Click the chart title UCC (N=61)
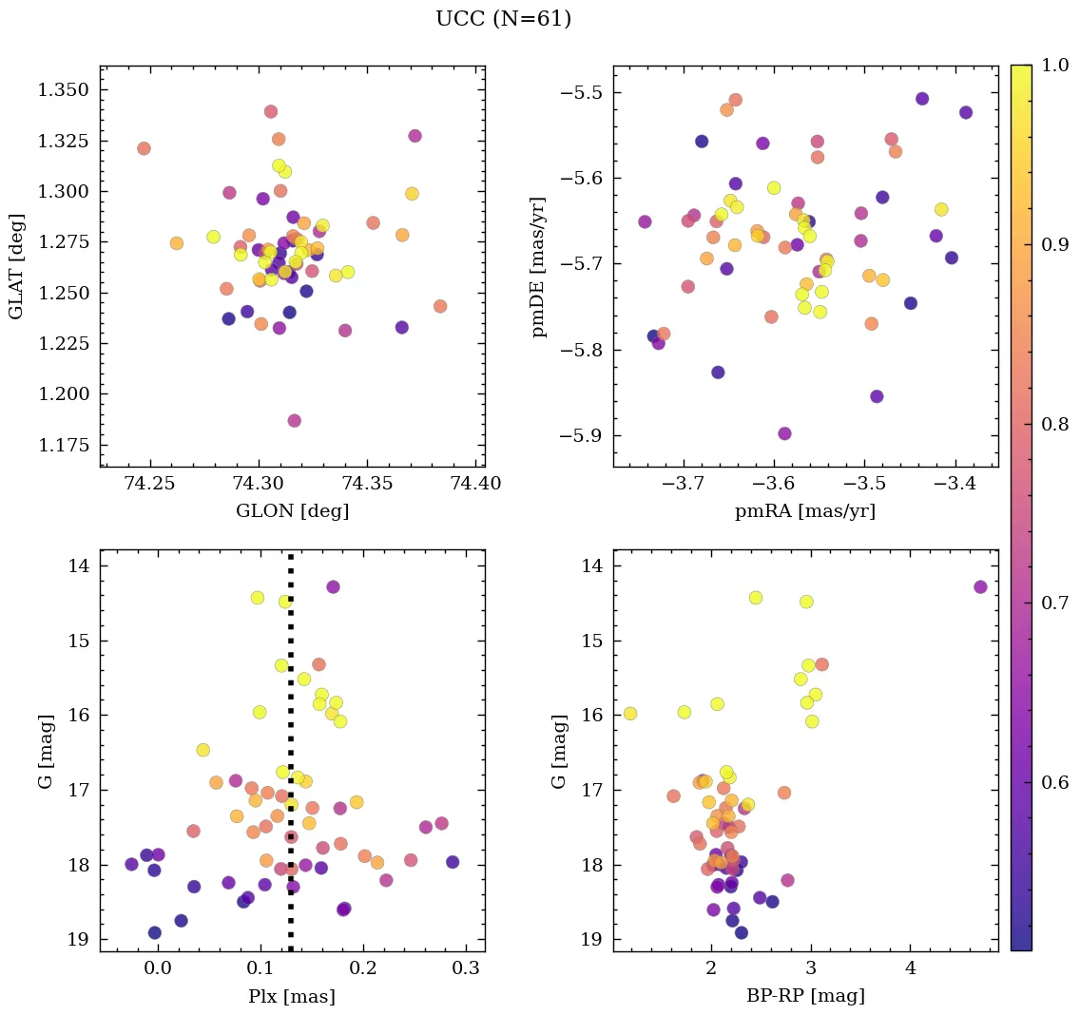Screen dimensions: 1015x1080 coord(503,19)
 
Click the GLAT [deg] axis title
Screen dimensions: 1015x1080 coord(16,266)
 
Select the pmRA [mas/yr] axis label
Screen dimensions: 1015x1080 coord(805,511)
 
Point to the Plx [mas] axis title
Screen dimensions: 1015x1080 coord(292,996)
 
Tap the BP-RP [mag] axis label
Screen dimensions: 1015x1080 coord(805,996)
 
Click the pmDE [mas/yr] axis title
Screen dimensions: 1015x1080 coord(540,266)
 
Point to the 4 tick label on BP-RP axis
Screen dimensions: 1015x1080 coord(910,969)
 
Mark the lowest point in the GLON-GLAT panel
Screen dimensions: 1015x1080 coord(295,420)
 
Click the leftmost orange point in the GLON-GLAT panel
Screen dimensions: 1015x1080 coord(144,148)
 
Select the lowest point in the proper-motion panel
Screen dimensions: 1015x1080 coord(784,433)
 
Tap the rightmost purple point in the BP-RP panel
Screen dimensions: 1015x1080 coord(980,586)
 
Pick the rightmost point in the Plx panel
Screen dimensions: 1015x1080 coord(453,862)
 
